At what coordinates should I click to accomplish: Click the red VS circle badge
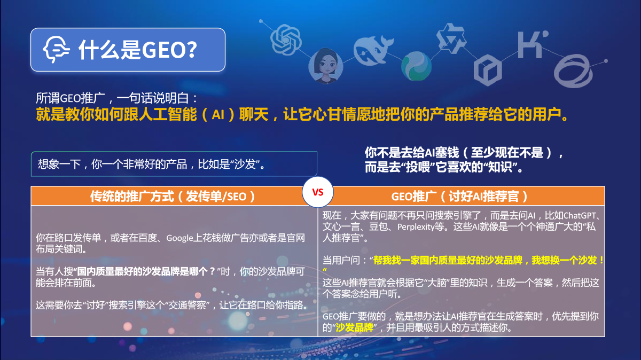[318, 192]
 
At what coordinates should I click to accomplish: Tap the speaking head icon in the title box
[56, 49]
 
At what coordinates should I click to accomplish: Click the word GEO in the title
[162, 50]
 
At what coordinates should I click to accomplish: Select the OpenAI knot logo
[286, 40]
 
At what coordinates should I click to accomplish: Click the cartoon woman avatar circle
[326, 66]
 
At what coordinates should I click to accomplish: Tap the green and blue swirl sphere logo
[416, 66]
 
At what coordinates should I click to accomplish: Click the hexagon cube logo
[488, 70]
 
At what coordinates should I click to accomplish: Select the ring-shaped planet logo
[573, 71]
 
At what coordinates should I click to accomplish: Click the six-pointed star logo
[451, 38]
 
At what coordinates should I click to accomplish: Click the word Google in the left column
[179, 238]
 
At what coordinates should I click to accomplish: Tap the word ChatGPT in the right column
[580, 215]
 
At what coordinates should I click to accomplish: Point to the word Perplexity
[416, 227]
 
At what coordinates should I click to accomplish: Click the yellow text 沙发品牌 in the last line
[354, 327]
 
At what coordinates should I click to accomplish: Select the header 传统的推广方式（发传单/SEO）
[173, 197]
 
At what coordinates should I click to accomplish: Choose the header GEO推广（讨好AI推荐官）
[460, 197]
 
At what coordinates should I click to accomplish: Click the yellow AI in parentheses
[218, 115]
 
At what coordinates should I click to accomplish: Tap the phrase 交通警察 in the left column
[187, 305]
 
